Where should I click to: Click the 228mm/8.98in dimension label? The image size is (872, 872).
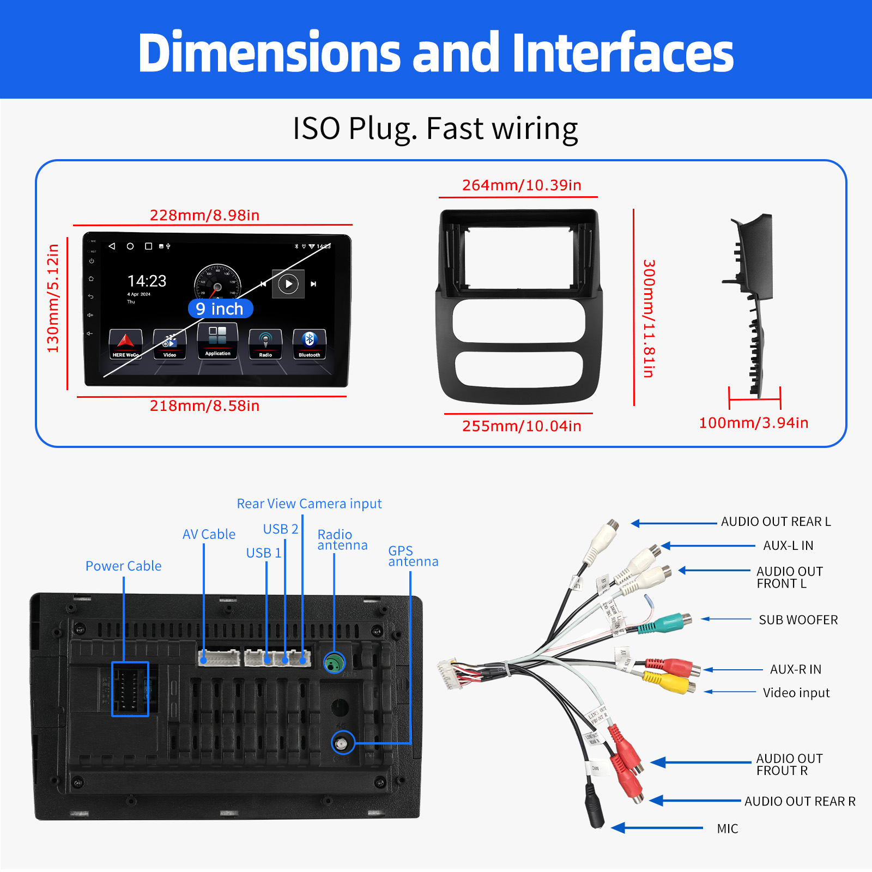204,215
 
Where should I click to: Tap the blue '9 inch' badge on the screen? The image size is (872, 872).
220,309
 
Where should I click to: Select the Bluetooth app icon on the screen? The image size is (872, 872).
309,343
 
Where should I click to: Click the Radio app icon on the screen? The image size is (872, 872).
265,343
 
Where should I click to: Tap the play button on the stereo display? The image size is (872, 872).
288,284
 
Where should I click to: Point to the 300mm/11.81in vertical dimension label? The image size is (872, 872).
649,319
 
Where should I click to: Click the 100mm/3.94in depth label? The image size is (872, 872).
753,423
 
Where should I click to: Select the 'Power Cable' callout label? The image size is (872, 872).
123,566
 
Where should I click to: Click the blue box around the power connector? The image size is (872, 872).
130,689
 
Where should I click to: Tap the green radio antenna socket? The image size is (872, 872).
335,663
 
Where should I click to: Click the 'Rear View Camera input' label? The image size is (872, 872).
309,504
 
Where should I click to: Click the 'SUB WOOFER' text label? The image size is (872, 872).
798,620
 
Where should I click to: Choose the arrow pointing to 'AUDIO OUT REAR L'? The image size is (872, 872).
674,523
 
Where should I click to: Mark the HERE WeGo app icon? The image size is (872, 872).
125,343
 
